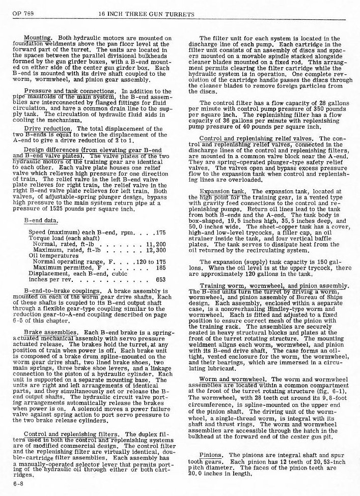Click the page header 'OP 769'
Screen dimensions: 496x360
pyautogui.click(x=16, y=13)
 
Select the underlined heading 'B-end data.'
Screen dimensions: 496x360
pyautogui.click(x=40, y=221)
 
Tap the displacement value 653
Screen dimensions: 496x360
pyautogui.click(x=161, y=279)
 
